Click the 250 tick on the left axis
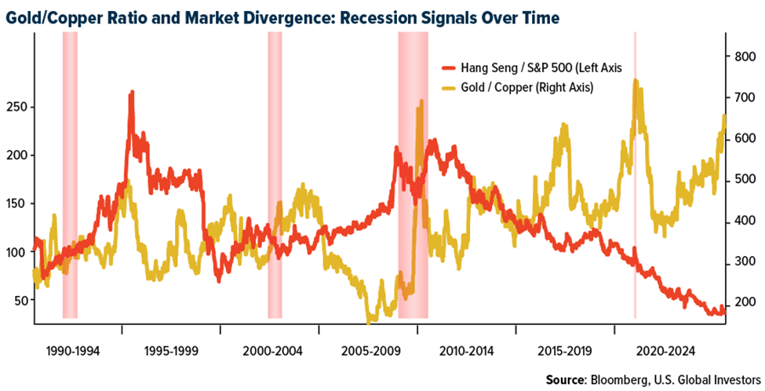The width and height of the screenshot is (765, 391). [x=16, y=107]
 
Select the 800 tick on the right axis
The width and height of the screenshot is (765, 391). [x=743, y=57]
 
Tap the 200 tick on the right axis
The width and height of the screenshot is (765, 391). [x=743, y=304]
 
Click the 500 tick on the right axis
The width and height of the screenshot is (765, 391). [x=743, y=181]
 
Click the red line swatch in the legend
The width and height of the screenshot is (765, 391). [x=451, y=68]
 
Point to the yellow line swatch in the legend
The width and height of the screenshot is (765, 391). [x=451, y=87]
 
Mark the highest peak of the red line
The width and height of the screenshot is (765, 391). [x=131, y=92]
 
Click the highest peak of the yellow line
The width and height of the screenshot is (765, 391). [x=635, y=80]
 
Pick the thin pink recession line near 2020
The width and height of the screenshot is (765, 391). [x=635, y=196]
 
